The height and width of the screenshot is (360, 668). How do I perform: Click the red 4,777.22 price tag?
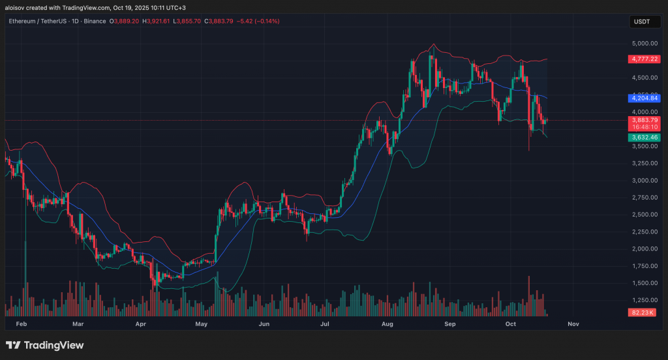click(644, 59)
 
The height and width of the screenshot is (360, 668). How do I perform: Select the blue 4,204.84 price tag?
click(644, 98)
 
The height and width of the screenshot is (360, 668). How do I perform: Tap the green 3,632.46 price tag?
click(644, 138)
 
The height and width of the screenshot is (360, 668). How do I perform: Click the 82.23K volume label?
click(644, 314)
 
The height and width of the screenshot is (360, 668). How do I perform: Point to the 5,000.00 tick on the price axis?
click(644, 44)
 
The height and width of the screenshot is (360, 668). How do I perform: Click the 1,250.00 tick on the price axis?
click(644, 300)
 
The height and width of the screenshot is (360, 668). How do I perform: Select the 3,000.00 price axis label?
click(644, 181)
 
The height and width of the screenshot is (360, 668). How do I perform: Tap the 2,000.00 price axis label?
click(644, 249)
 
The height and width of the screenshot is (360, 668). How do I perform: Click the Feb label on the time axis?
click(21, 323)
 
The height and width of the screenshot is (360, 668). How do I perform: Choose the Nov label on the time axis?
click(573, 323)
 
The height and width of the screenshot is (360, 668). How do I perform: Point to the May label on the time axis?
click(202, 323)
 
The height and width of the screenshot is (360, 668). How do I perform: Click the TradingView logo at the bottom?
click(44, 345)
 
